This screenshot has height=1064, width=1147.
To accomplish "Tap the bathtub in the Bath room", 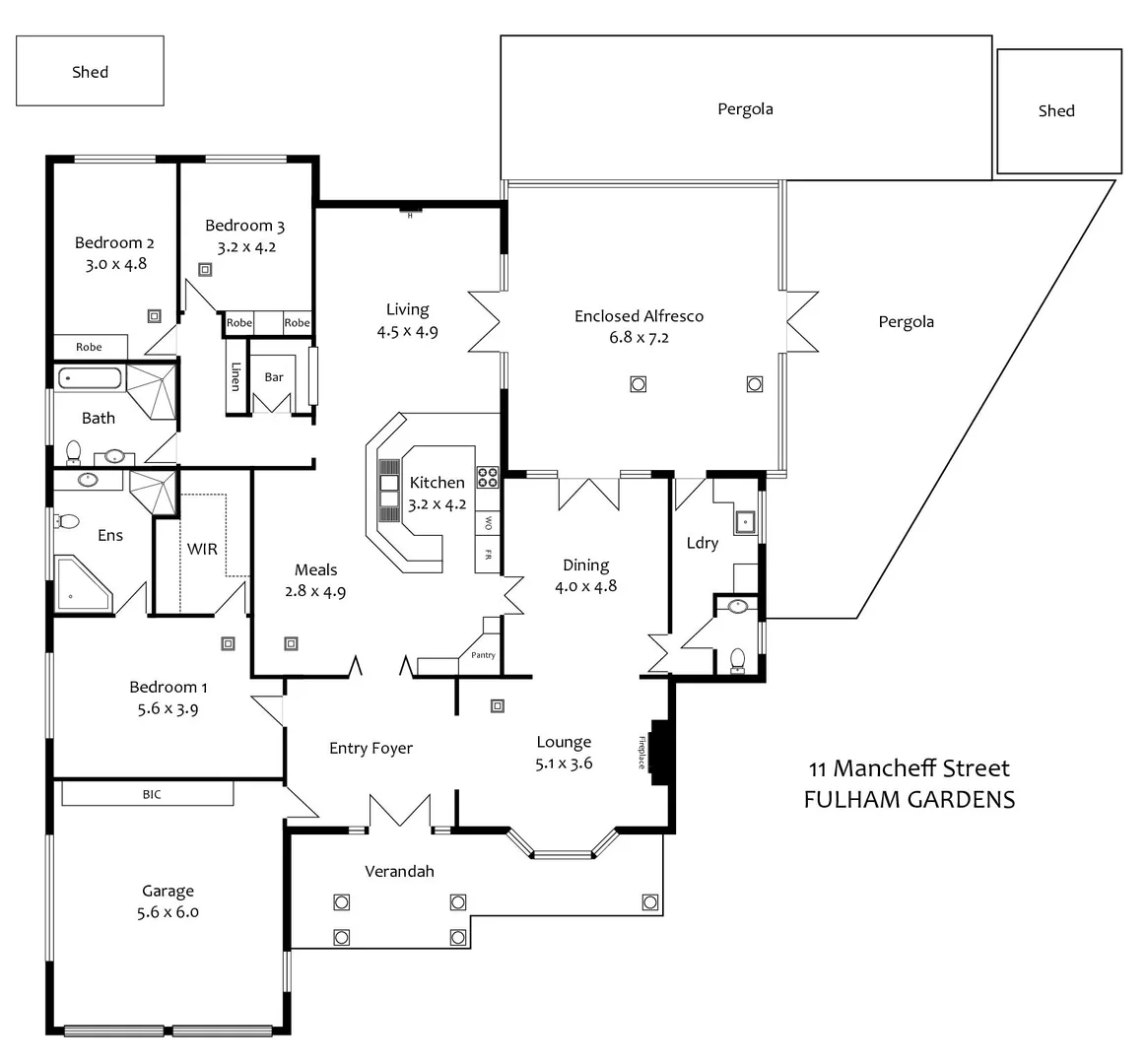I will tap(89, 378).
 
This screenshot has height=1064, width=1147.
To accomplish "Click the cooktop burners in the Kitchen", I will tap(488, 477).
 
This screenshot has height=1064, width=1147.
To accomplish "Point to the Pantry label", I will tap(483, 655).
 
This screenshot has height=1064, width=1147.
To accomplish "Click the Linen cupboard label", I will tap(236, 376).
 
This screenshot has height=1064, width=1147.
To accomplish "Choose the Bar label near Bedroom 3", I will tap(274, 376).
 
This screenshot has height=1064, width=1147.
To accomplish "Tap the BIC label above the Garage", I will tap(152, 794).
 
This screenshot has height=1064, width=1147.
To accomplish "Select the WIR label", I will tap(202, 549).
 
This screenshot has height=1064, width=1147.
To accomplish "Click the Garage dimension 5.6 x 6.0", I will tap(168, 912).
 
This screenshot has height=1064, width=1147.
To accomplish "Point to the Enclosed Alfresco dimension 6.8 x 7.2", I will tap(639, 338).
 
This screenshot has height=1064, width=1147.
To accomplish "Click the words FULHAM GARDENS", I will tap(909, 799).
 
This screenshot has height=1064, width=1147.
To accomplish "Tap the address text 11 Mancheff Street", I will tap(909, 768).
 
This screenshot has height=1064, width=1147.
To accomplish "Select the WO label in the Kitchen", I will tap(487, 522).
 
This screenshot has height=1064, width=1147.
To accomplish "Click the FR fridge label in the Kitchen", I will tap(487, 556).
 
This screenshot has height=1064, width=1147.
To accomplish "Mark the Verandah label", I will tap(399, 871).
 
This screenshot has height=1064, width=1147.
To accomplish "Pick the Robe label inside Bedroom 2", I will tap(89, 347).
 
